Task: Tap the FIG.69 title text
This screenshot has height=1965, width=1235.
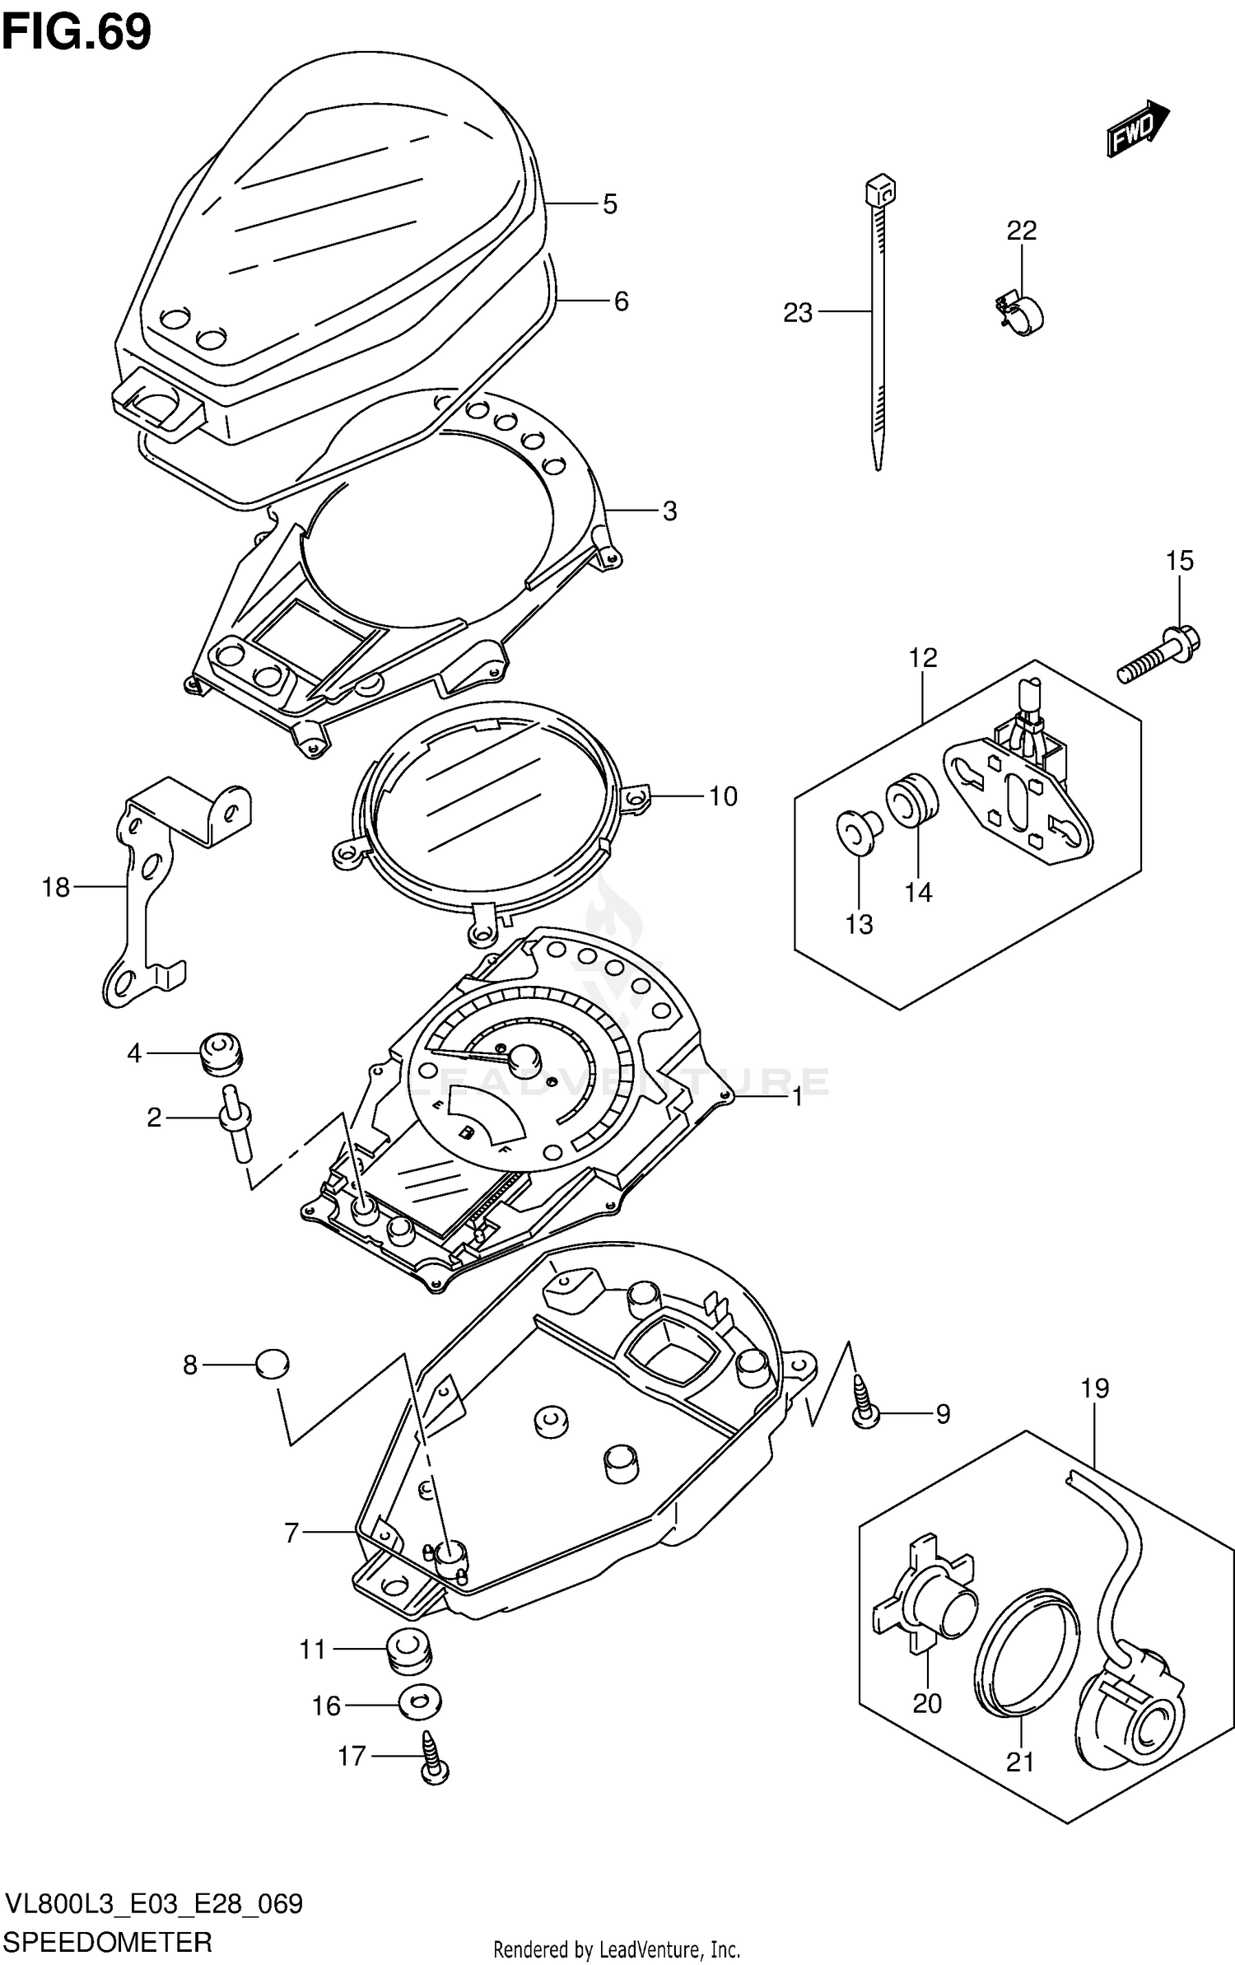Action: (77, 33)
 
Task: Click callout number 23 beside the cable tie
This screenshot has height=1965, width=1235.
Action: (797, 313)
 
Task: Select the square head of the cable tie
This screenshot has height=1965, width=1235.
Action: (880, 191)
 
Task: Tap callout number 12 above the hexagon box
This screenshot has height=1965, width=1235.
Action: (923, 657)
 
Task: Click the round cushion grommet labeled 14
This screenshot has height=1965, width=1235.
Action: (911, 797)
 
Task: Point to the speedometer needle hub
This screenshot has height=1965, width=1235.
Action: (523, 1058)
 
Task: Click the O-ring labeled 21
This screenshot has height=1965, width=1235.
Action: (1026, 1647)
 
